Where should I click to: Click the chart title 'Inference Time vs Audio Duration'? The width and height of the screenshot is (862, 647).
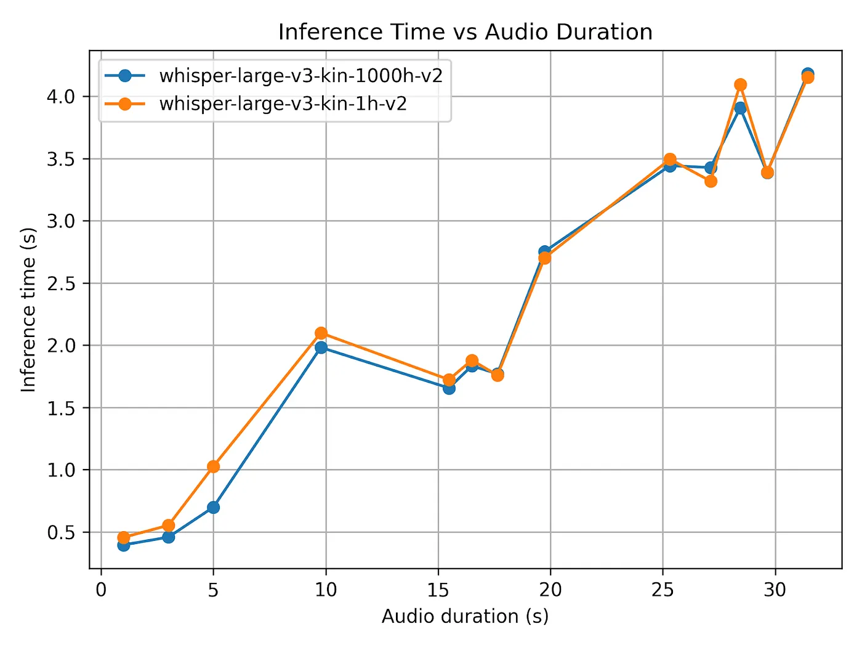[x=465, y=32]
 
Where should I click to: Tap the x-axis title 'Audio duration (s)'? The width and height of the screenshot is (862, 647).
[x=465, y=616]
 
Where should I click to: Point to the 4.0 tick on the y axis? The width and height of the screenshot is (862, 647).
[x=61, y=97]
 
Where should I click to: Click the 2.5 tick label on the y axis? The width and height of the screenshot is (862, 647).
[x=61, y=283]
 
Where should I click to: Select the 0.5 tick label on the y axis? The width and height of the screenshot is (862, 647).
[x=61, y=532]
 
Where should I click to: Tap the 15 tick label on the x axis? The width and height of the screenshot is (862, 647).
[x=438, y=590]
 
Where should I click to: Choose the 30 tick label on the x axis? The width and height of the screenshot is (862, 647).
[x=775, y=590]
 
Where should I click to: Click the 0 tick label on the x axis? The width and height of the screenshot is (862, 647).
[x=101, y=590]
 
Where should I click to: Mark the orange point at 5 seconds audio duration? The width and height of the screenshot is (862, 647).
[x=213, y=466]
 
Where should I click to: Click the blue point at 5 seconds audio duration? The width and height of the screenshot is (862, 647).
[x=213, y=508]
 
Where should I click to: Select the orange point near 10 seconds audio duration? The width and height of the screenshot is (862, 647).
[x=321, y=333]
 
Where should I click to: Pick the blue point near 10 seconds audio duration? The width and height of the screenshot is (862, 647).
[x=321, y=348]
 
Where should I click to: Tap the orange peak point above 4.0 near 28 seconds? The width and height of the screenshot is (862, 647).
[x=740, y=84]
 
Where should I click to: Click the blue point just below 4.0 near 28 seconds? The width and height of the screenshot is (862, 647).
[x=740, y=108]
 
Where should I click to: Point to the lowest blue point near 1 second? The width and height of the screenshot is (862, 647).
[x=123, y=545]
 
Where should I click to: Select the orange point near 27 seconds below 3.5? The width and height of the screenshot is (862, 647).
[x=711, y=182]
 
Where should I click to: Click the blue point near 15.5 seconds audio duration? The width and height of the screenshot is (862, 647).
[x=449, y=389]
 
